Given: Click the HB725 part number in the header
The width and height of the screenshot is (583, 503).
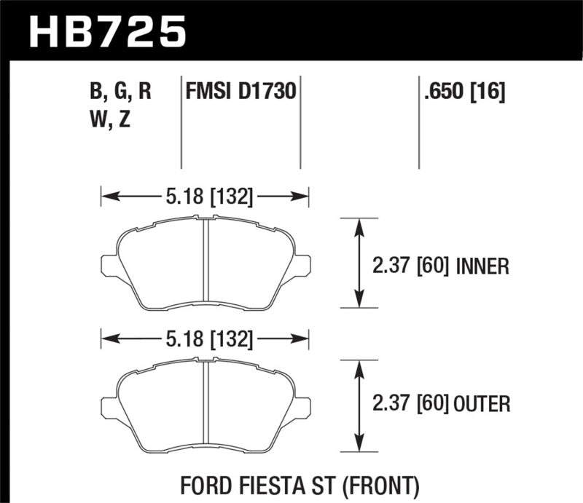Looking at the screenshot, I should tap(108, 30).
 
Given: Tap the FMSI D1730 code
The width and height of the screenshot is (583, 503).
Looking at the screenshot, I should tap(240, 92).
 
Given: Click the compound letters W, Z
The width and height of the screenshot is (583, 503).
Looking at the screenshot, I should tap(111, 121).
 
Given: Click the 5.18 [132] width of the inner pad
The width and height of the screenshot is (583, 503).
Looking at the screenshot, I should tap(205, 196).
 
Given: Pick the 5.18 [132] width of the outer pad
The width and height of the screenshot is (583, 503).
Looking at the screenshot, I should tap(205, 338).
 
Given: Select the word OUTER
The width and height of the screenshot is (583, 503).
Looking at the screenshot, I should tap(482, 402).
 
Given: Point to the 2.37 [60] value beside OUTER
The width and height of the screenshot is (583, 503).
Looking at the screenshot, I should tap(410, 402).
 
